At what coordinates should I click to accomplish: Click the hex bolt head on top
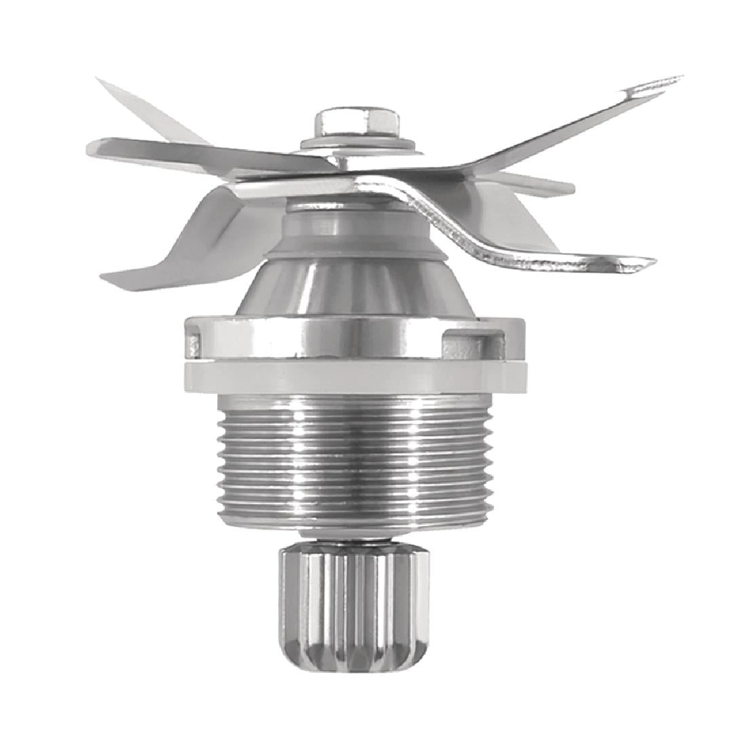point(355,123)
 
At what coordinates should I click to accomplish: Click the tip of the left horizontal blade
point(98,146)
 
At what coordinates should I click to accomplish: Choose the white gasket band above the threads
point(355,376)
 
